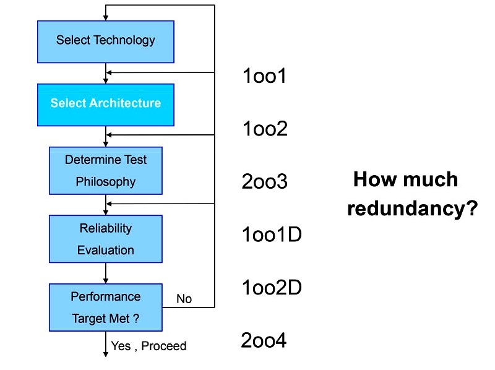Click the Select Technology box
(x=106, y=41)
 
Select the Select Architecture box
(x=106, y=105)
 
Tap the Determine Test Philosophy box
(x=106, y=171)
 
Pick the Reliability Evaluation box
(x=106, y=239)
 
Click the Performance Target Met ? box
(x=106, y=308)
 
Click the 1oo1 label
(x=265, y=76)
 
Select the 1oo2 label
(x=265, y=129)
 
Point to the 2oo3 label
(x=265, y=181)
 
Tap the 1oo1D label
(x=272, y=234)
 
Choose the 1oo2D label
(x=272, y=288)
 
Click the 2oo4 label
(x=264, y=340)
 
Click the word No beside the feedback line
(x=184, y=299)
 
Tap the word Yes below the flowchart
(x=121, y=346)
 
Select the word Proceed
(x=164, y=346)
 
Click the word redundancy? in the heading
(x=412, y=209)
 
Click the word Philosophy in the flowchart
(x=106, y=182)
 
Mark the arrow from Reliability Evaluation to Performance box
(x=106, y=273)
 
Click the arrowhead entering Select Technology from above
(x=106, y=18)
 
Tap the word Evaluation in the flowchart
(x=106, y=251)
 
